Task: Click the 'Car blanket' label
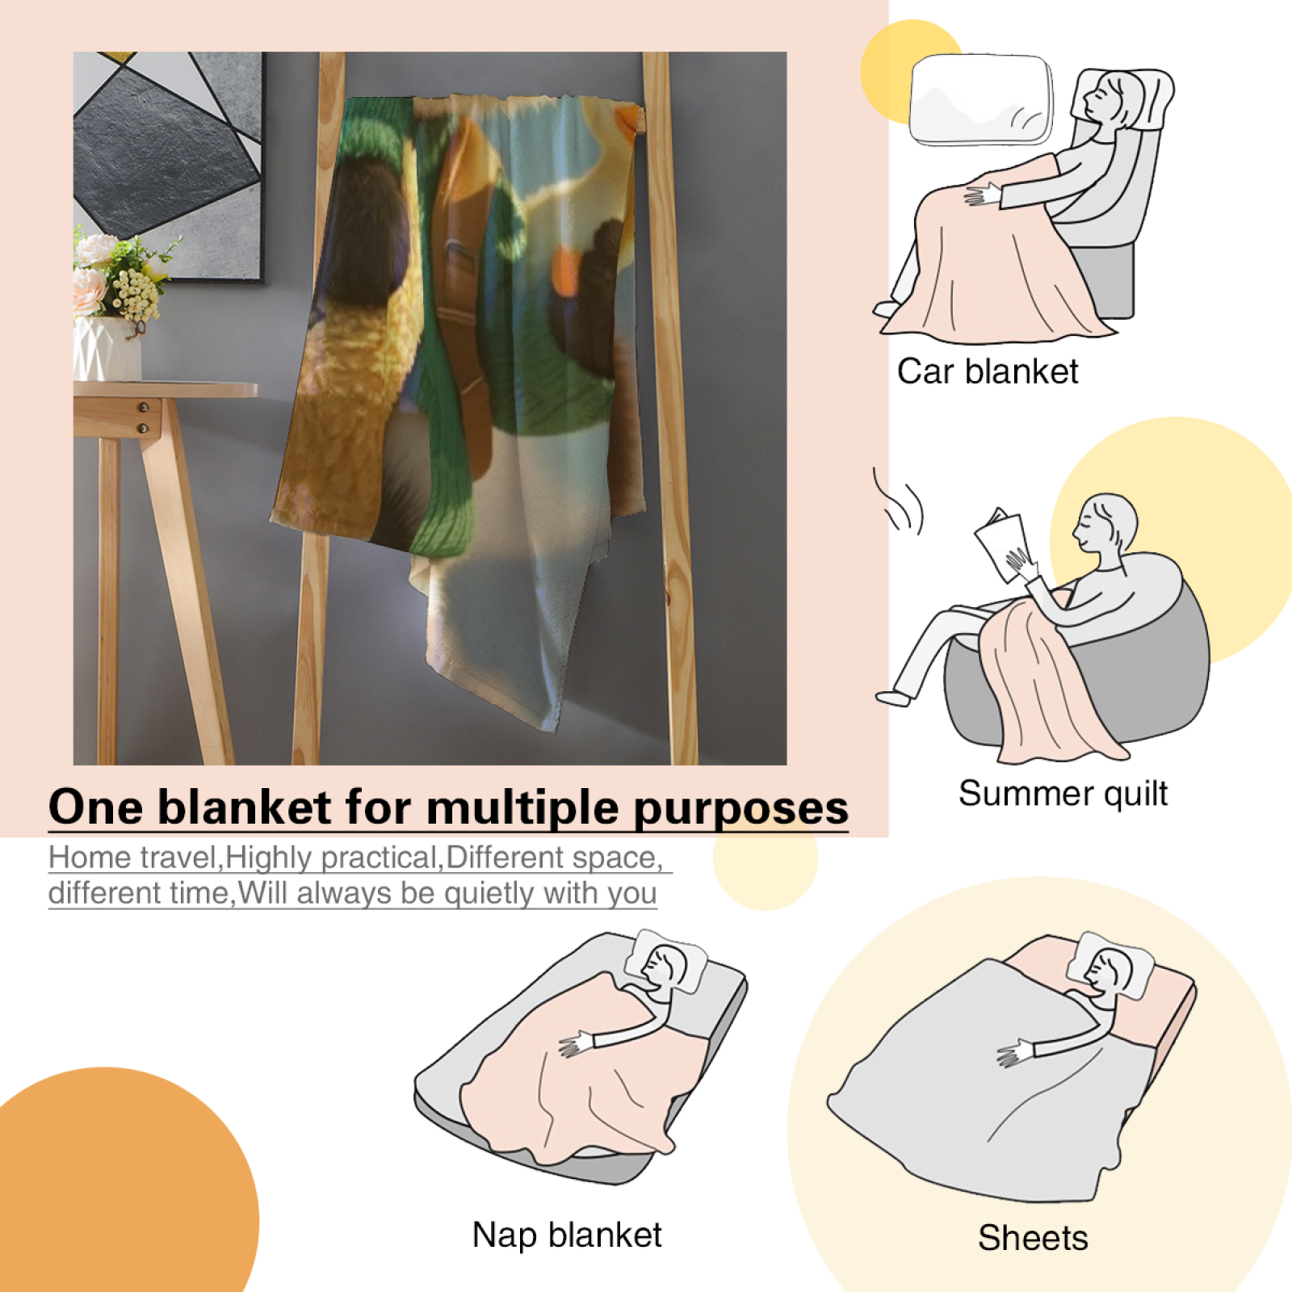[x=988, y=371]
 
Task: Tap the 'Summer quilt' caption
[x=1063, y=794]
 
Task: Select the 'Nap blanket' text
[x=567, y=1235]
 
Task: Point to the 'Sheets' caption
[x=1033, y=1238]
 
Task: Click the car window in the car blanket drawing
[x=981, y=100]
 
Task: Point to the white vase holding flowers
[x=107, y=348]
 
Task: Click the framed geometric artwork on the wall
[x=168, y=166]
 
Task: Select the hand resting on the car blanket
[x=982, y=195]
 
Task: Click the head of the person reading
[x=1105, y=524]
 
